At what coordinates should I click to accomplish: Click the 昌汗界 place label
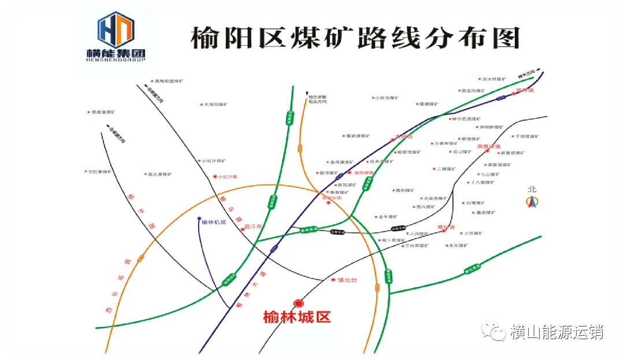(253, 227)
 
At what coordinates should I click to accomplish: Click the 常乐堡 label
(447, 228)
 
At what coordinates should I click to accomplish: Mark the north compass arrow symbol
(532, 202)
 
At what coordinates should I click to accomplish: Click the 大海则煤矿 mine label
(218, 105)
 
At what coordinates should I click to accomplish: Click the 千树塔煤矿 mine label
(527, 136)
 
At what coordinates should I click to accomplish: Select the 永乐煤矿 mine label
(459, 246)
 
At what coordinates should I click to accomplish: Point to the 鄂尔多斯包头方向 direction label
(318, 99)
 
